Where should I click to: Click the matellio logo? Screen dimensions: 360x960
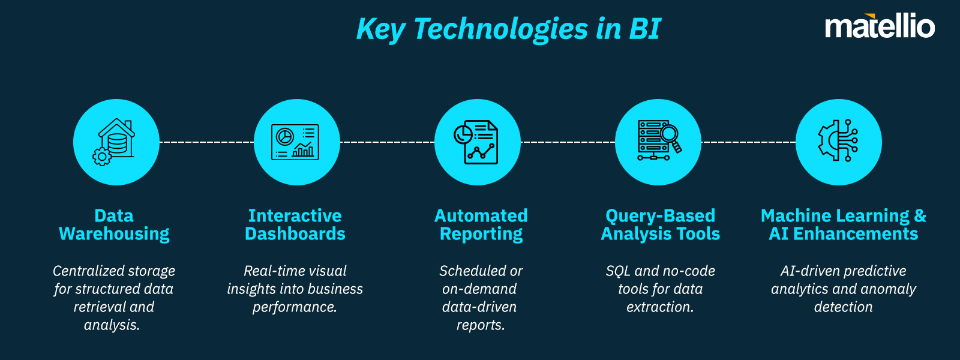(x=880, y=26)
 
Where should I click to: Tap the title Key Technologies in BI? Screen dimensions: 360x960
(x=508, y=29)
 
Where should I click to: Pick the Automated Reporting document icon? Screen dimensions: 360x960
(x=477, y=142)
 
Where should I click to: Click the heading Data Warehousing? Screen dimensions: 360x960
(x=114, y=224)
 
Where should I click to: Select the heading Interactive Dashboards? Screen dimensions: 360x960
(x=295, y=224)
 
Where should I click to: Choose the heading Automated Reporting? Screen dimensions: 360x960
(x=481, y=224)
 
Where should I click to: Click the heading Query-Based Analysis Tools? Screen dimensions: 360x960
(x=660, y=224)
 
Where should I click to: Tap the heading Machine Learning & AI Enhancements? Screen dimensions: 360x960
(x=843, y=224)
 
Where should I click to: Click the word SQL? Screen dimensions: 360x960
(x=618, y=271)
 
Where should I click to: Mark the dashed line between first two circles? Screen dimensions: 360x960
(x=206, y=142)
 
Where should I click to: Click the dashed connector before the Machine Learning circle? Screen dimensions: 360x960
(x=748, y=142)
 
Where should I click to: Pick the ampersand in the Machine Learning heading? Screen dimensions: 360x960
(x=920, y=216)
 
